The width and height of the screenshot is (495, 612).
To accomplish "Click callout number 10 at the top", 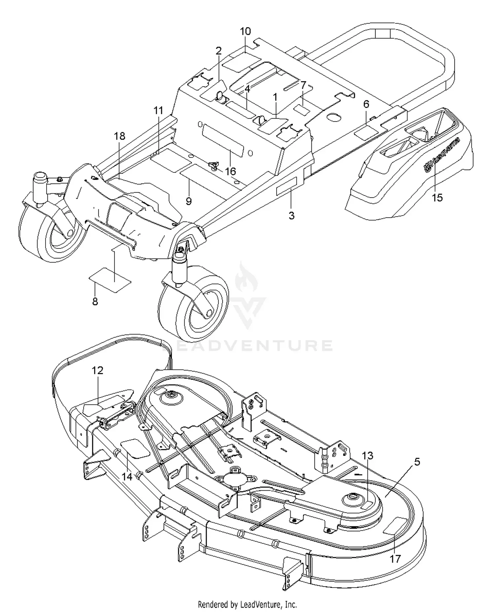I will [245, 32].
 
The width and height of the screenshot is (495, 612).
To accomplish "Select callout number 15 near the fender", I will [437, 198].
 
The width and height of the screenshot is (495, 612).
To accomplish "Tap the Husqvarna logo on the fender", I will [442, 155].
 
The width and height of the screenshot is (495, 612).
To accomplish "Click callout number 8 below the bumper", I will [95, 301].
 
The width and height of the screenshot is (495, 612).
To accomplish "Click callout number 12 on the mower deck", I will [97, 370].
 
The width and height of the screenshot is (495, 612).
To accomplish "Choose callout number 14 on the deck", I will [127, 477].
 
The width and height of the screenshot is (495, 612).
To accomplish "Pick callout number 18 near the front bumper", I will [120, 136].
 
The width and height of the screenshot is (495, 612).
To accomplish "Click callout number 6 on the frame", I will [366, 104].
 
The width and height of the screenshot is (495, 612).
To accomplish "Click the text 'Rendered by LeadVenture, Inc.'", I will [247, 605].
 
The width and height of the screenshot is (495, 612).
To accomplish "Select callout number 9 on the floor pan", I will [189, 201].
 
